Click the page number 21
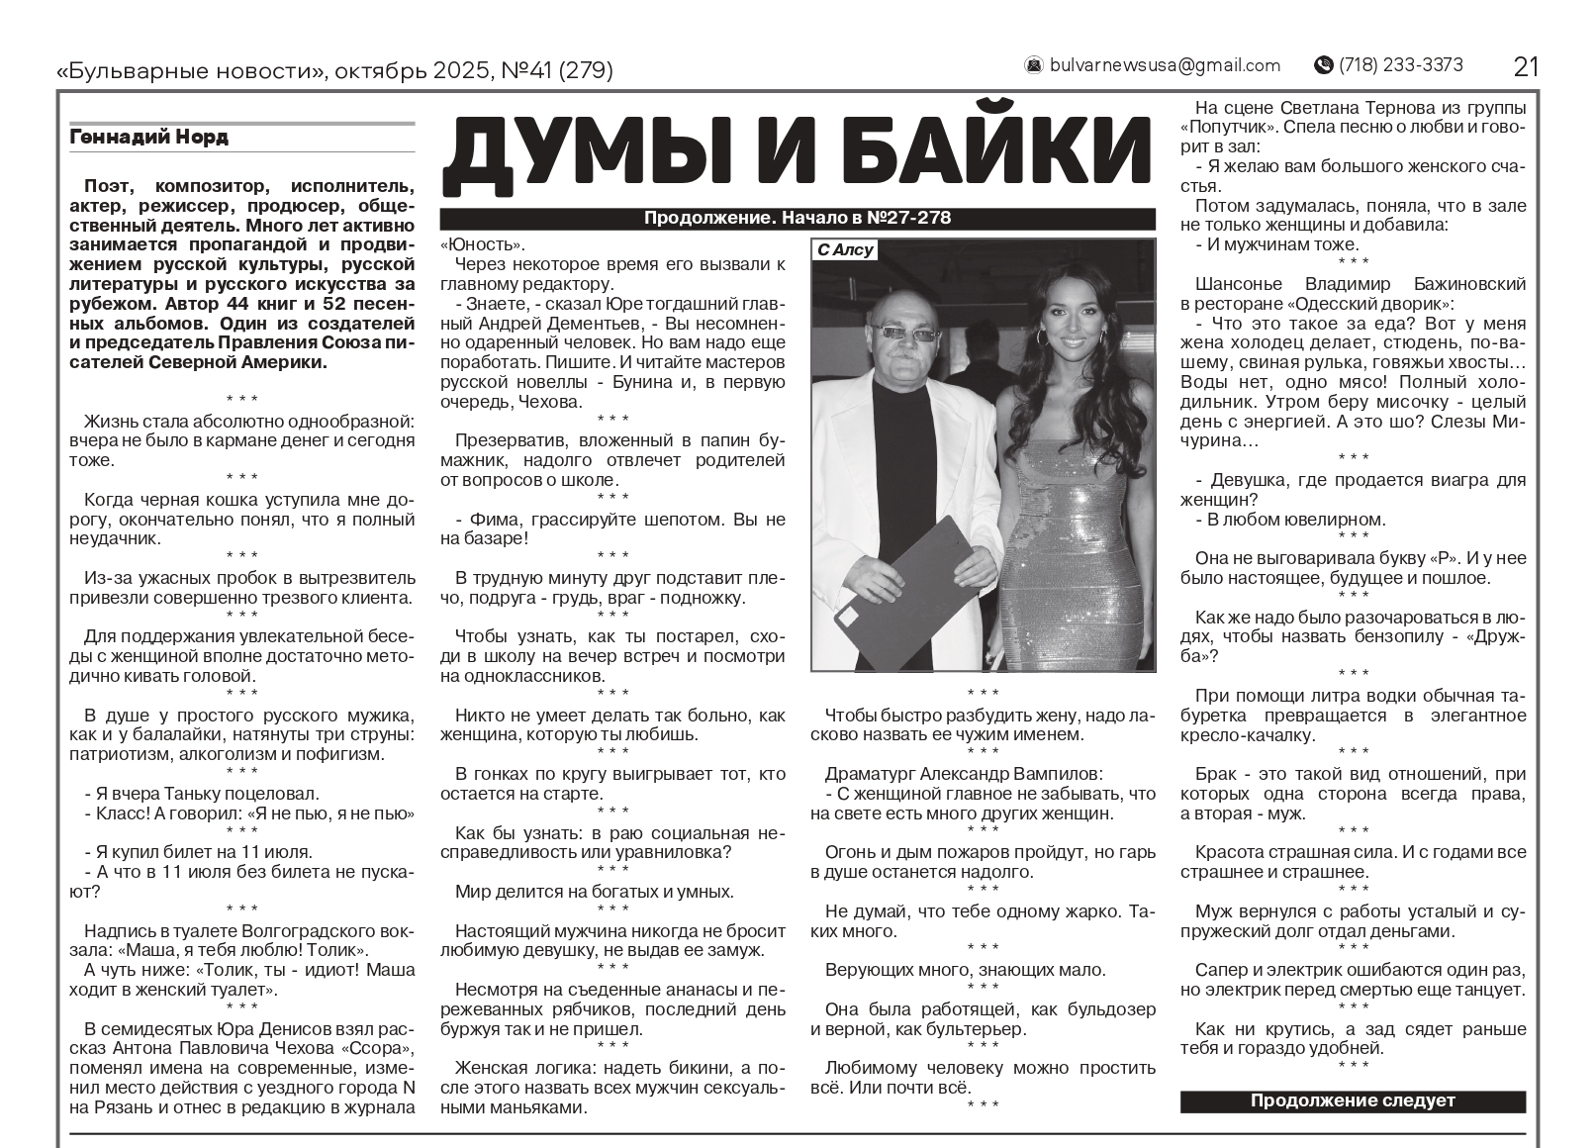click(1526, 66)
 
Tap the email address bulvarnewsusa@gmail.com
click(1165, 65)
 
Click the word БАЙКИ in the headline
click(961, 157)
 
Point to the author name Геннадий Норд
click(149, 138)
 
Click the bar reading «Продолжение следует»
click(1353, 1100)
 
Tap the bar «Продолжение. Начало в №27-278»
click(797, 219)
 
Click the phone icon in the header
click(1323, 65)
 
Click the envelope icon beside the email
click(1034, 65)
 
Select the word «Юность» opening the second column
click(483, 245)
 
